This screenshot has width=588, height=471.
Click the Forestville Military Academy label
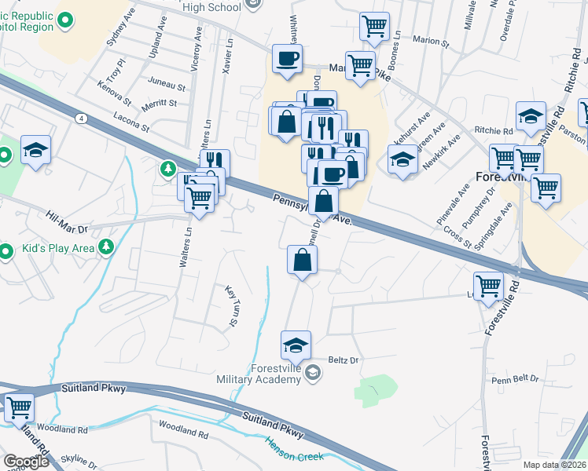pyautogui.click(x=259, y=374)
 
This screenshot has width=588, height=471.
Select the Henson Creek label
pyautogui.click(x=294, y=450)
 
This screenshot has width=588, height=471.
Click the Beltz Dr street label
pyautogui.click(x=343, y=360)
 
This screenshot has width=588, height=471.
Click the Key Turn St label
pyautogui.click(x=232, y=305)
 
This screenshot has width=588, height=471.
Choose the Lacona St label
pyautogui.click(x=131, y=120)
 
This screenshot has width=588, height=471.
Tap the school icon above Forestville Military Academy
pyautogui.click(x=296, y=345)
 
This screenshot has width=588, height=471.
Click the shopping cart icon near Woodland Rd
pyautogui.click(x=18, y=407)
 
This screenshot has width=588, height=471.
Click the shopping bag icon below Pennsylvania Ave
pyautogui.click(x=302, y=261)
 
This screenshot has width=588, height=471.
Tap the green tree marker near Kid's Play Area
pyautogui.click(x=107, y=249)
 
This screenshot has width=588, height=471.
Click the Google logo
pyautogui.click(x=27, y=462)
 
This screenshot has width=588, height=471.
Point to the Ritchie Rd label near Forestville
pyautogui.click(x=493, y=130)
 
